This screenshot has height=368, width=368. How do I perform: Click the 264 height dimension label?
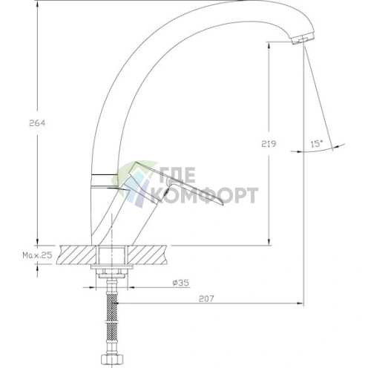37,123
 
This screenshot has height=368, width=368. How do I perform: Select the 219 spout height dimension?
269,144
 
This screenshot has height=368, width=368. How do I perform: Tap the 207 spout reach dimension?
206,298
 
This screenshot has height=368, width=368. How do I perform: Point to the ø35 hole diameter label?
180,283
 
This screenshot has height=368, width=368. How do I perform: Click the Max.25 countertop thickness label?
38,255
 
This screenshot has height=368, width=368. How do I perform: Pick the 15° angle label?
317,143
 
